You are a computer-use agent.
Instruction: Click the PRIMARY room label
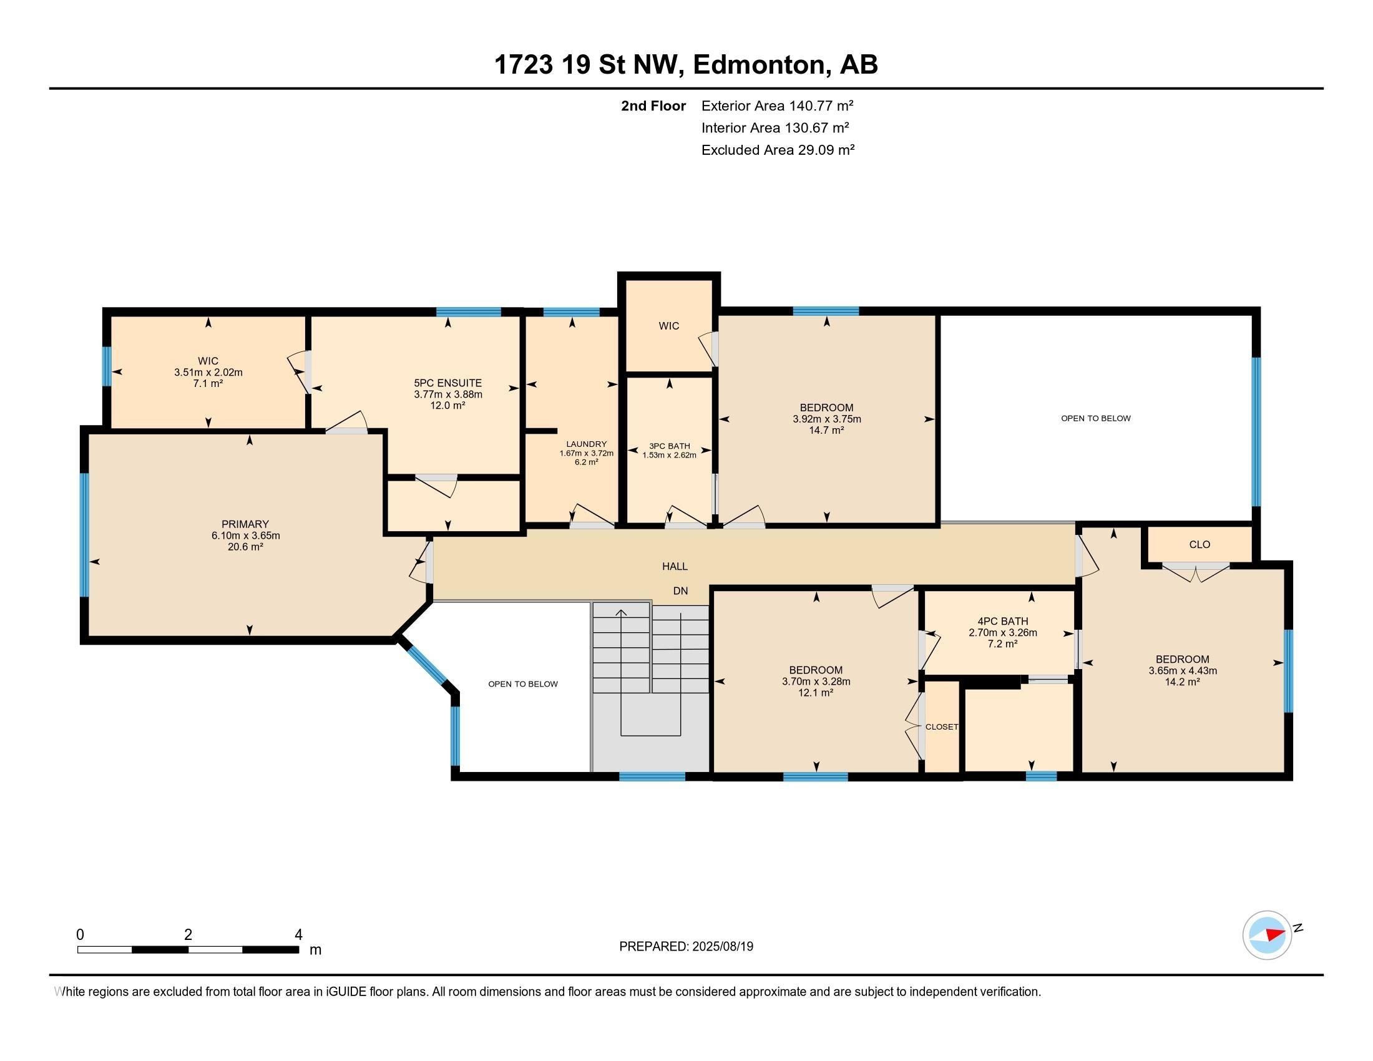pos(245,524)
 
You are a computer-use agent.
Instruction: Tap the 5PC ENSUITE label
pos(447,383)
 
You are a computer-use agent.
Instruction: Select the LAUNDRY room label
pos(586,444)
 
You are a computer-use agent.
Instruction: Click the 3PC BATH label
pos(669,446)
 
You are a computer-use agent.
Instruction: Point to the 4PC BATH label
pos(1002,621)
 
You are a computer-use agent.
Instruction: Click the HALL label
pos(675,566)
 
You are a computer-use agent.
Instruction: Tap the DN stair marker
pos(680,591)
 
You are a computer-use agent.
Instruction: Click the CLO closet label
pos(1199,544)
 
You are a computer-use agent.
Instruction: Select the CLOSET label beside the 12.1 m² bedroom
pos(941,726)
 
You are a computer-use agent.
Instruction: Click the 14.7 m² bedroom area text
pos(826,431)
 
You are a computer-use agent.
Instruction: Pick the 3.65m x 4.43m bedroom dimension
pos(1182,671)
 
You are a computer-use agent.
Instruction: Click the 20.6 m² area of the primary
pos(245,547)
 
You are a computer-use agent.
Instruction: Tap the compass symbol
pos(1267,935)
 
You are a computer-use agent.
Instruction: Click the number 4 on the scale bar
pos(298,934)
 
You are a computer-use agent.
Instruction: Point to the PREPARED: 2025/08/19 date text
pos(686,947)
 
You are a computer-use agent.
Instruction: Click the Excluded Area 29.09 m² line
pos(778,150)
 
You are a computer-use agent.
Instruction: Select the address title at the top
pos(686,64)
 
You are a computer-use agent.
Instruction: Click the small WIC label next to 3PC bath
pos(668,326)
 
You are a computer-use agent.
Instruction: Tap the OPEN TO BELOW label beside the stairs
pos(522,684)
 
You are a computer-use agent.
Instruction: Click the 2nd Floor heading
pos(653,105)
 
